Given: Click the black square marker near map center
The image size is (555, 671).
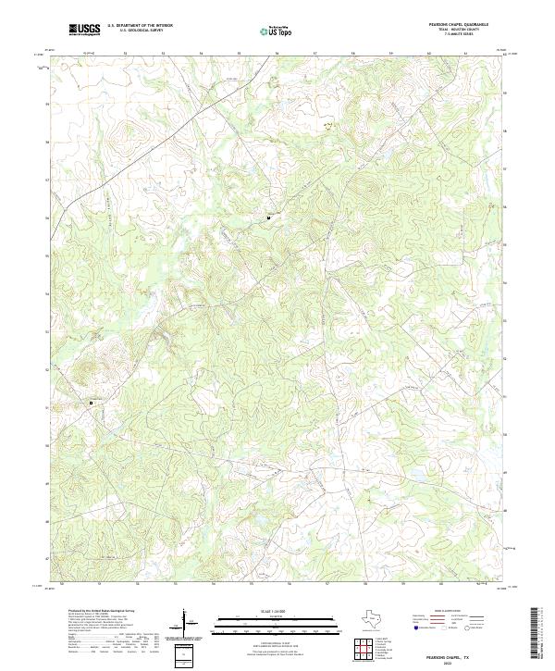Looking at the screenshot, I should pos(269,217).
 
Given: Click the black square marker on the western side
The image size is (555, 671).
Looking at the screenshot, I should pos(91,403).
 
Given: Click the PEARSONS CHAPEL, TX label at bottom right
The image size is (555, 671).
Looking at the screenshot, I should pos(462,653).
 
